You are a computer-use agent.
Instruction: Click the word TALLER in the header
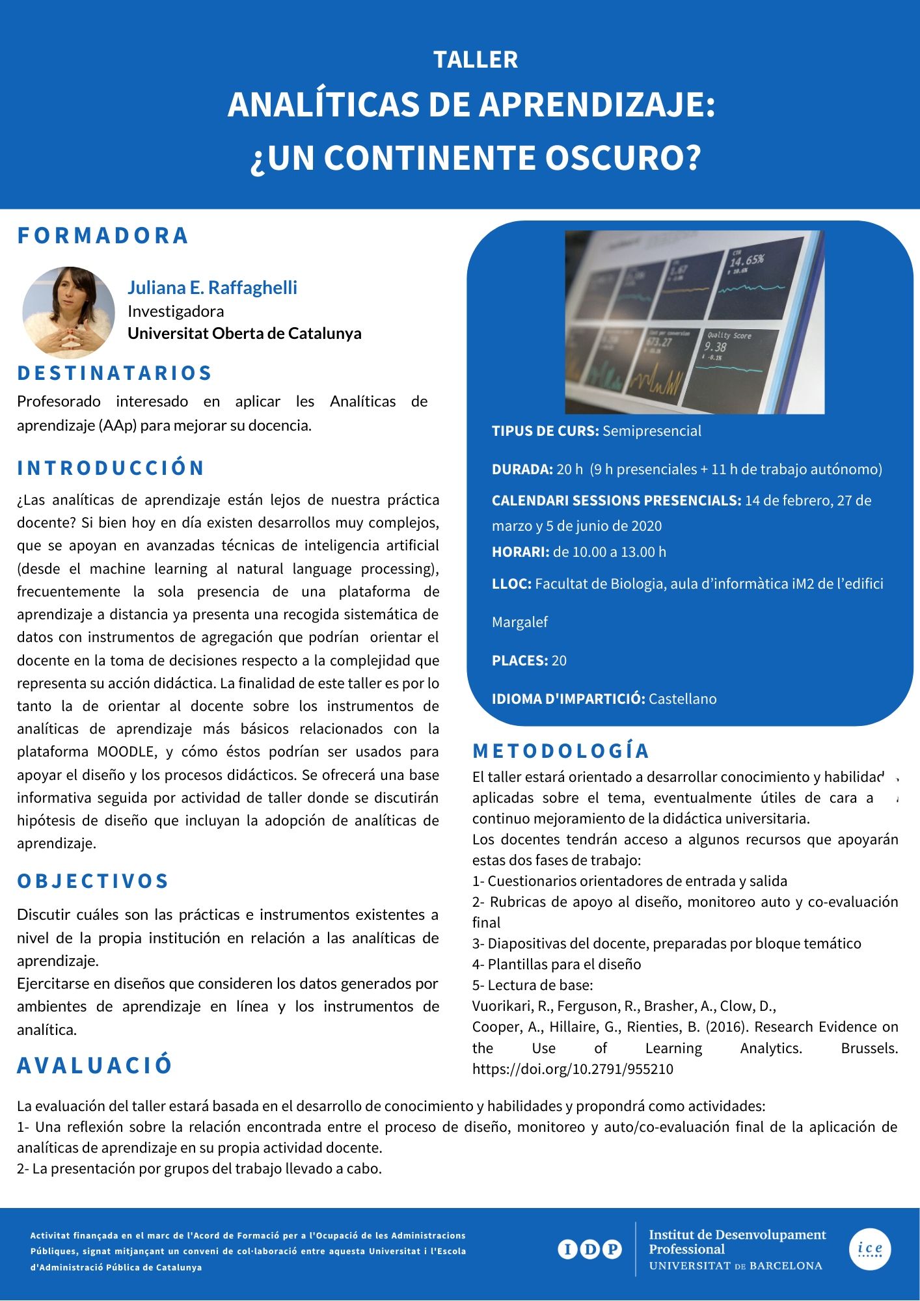[x=476, y=60]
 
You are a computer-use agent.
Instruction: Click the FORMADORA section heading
[x=103, y=235]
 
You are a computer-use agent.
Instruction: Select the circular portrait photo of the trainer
[x=68, y=312]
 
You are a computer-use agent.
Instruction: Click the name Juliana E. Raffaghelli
[x=212, y=288]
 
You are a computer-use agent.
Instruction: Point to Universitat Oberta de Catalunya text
[x=244, y=333]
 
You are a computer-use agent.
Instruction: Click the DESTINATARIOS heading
[x=115, y=373]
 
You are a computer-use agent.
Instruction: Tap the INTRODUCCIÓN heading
[x=111, y=468]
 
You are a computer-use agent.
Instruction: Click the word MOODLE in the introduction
[x=127, y=752]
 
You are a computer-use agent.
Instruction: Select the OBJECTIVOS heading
[x=93, y=881]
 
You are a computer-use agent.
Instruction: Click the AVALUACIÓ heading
[x=95, y=1065]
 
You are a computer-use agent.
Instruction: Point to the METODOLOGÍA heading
[x=561, y=751]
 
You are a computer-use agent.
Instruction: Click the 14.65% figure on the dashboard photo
[x=746, y=261]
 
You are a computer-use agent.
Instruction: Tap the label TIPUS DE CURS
[x=545, y=431]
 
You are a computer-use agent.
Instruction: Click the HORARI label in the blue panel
[x=521, y=552]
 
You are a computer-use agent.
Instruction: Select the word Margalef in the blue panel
[x=520, y=623]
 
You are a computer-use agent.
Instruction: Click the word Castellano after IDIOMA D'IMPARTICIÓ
[x=683, y=699]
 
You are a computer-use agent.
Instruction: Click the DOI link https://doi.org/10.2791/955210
[x=573, y=1069]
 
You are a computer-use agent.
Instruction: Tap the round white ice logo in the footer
[x=870, y=1249]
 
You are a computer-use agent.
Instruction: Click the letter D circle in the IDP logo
[x=589, y=1249]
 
